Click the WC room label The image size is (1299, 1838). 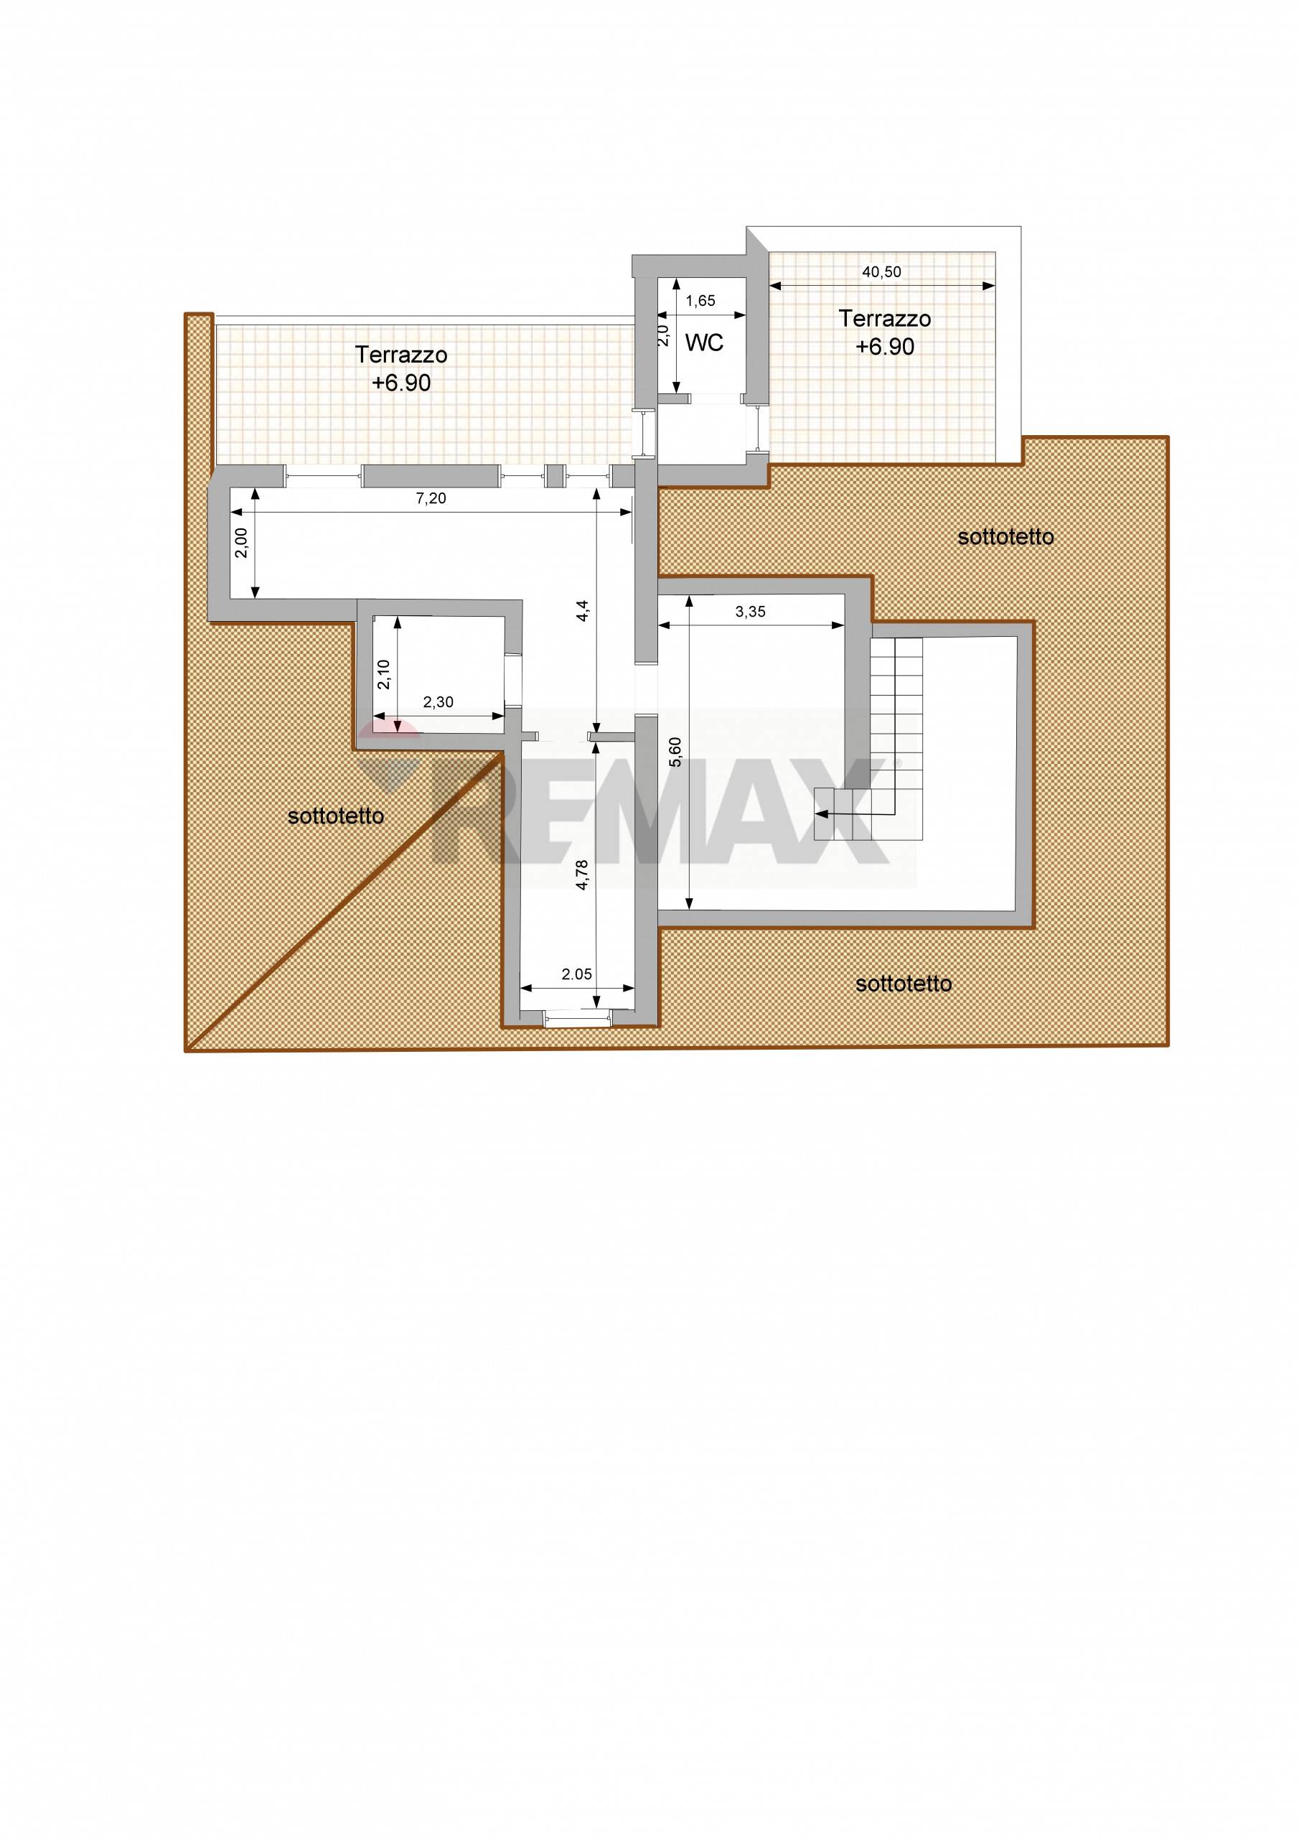704,342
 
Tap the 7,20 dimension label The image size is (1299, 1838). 431,499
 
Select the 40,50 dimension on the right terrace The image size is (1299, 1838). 881,272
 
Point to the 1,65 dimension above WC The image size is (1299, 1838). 701,301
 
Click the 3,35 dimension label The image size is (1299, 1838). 750,612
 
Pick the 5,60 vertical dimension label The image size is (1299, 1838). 676,752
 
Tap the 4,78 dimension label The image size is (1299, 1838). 583,875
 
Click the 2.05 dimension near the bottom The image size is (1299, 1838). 576,974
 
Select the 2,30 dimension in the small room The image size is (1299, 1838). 438,702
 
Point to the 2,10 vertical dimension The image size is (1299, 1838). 383,674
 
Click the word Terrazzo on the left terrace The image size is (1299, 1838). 401,355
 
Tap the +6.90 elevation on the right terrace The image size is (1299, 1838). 884,347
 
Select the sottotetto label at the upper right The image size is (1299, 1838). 1005,537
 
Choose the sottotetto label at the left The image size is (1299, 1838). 335,816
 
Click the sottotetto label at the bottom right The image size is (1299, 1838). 904,984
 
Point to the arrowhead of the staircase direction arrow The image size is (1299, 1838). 819,813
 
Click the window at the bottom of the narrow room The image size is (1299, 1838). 576,1017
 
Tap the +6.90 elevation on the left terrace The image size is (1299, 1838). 401,383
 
